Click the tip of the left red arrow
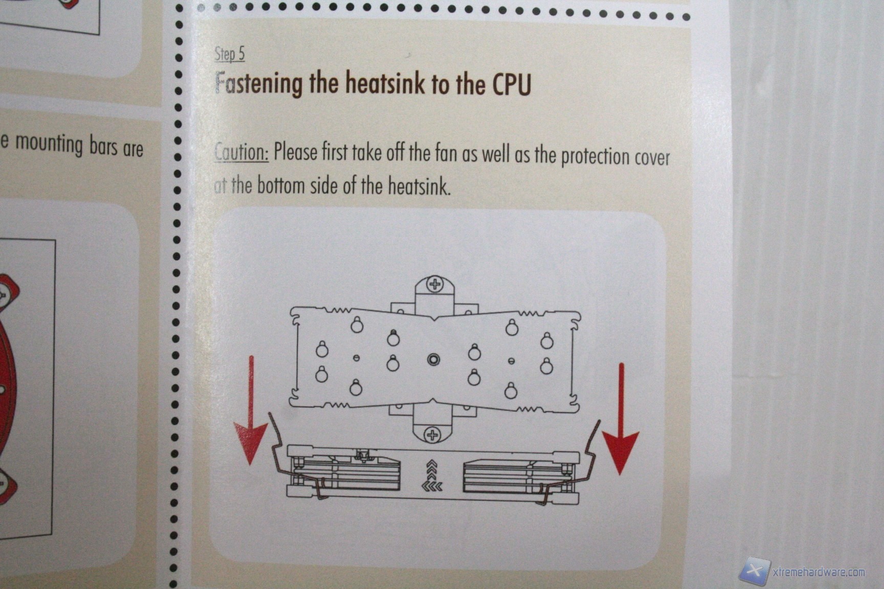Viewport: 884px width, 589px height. [x=250, y=464]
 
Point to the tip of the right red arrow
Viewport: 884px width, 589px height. [x=620, y=474]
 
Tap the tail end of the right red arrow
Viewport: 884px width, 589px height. [x=622, y=364]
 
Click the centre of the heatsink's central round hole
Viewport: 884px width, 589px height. [x=433, y=360]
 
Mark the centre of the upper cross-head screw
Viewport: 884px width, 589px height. [x=435, y=284]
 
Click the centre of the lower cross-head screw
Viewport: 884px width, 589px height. [x=433, y=435]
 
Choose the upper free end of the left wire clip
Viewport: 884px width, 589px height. [x=270, y=414]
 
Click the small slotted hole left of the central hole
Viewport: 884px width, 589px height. [x=357, y=358]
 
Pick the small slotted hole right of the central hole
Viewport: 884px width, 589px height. [x=511, y=361]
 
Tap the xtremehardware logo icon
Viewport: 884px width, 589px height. [x=754, y=570]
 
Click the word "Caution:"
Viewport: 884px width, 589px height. [x=241, y=152]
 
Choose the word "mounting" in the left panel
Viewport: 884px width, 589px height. [x=49, y=144]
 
